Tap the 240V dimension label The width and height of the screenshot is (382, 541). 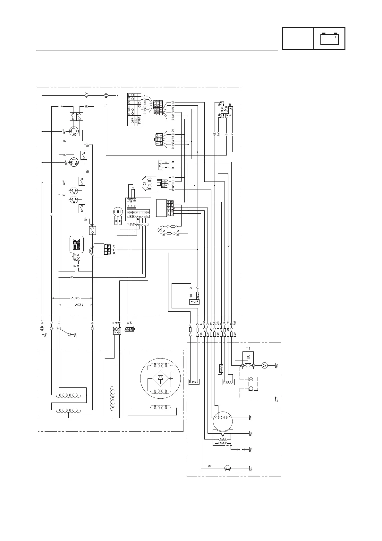coord(76,297)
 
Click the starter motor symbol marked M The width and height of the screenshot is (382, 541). coord(265,365)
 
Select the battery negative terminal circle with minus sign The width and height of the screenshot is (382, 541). coord(251,388)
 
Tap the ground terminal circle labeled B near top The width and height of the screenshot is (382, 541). coord(106,96)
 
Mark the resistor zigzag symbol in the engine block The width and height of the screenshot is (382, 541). coord(221,368)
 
